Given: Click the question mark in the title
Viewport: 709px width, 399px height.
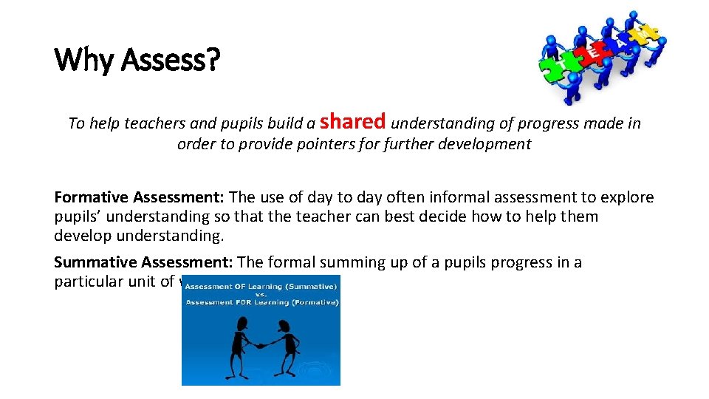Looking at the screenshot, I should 213,61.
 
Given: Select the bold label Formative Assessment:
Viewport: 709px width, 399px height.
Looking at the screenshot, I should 140,197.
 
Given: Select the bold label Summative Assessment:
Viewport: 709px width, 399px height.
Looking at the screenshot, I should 143,262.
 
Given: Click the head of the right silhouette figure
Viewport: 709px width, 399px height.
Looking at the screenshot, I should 284,327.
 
